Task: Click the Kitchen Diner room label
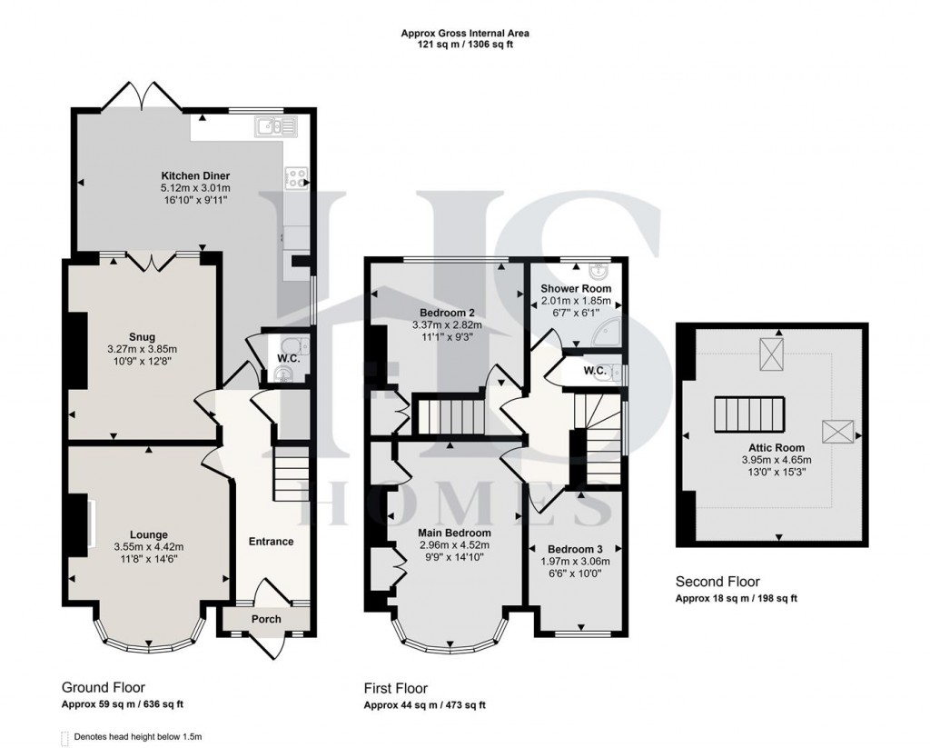tap(195, 175)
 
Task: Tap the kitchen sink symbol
tap(272, 126)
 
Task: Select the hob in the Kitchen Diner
tap(296, 178)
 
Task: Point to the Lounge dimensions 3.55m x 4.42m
tap(148, 546)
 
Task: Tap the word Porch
tap(266, 619)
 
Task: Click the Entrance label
tap(271, 542)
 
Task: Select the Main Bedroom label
tap(454, 533)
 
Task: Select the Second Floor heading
tap(717, 582)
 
